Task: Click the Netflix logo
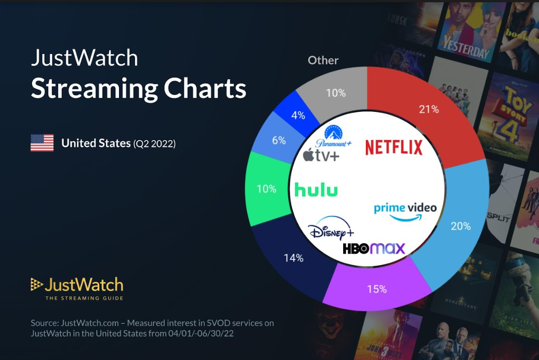tap(394, 147)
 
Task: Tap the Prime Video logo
tap(405, 212)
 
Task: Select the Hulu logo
tap(316, 189)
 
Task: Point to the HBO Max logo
tap(374, 248)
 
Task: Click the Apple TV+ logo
tap(321, 156)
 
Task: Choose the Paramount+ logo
tap(333, 136)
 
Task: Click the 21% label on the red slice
tap(429, 109)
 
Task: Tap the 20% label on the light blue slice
tap(461, 226)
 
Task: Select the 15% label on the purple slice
tap(376, 289)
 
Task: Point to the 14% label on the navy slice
tap(293, 258)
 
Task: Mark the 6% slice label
tap(279, 140)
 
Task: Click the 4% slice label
tap(298, 115)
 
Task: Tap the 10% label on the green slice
tap(266, 189)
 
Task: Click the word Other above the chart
tap(323, 60)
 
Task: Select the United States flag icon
tap(42, 143)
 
